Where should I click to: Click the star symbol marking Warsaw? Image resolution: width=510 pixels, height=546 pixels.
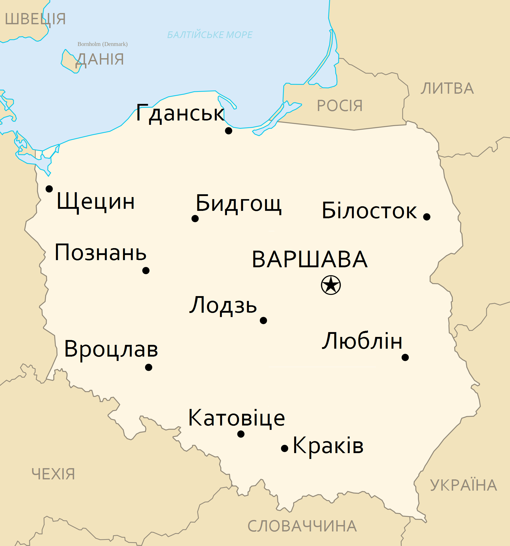point(330,285)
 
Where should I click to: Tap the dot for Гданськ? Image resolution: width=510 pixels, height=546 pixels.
point(228,131)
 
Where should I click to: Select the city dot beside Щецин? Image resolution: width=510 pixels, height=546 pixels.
point(49,189)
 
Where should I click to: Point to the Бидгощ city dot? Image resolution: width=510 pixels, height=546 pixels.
point(195,219)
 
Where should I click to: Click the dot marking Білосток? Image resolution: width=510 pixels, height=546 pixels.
point(427,217)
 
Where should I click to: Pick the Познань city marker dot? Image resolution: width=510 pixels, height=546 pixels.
point(146,271)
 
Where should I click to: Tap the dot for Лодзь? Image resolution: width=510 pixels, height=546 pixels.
point(263,321)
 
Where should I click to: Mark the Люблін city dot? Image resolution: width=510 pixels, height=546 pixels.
point(405,357)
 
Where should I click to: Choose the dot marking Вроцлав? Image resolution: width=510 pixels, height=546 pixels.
point(149,367)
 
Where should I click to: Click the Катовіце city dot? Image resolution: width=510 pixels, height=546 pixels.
point(241,434)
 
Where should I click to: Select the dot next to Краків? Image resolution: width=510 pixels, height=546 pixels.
point(285,448)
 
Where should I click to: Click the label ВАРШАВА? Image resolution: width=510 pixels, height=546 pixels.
point(310,259)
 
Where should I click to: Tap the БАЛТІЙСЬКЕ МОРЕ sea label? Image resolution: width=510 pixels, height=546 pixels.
point(210,35)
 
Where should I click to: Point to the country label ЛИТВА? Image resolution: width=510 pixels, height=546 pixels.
point(447,88)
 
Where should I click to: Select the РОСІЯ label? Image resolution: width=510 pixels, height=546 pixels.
point(340,106)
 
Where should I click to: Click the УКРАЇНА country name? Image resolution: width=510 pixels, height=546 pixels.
point(463,485)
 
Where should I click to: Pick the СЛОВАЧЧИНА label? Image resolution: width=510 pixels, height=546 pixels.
point(302,526)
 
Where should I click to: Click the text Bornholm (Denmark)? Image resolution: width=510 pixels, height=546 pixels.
point(102,44)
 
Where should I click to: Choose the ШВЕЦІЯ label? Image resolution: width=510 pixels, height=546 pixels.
point(35,19)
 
